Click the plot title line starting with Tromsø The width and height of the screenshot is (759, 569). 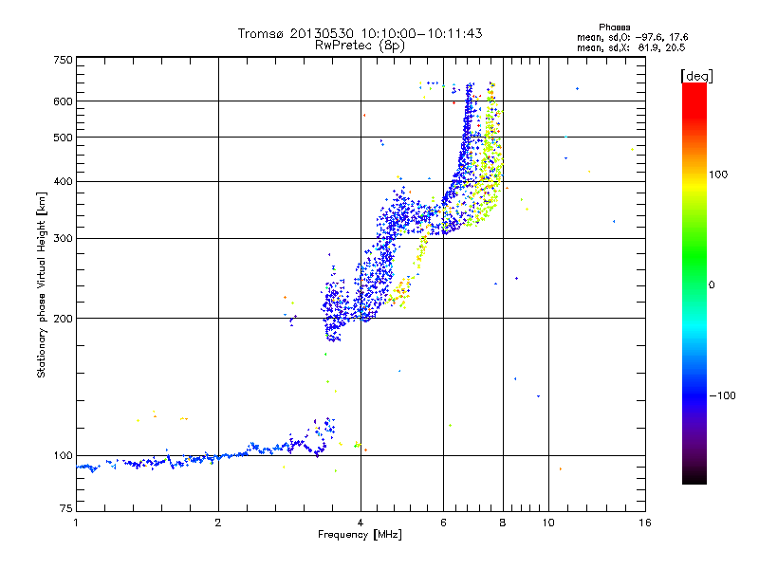(x=360, y=33)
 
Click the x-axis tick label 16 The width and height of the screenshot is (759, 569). (x=645, y=523)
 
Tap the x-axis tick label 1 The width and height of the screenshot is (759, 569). (x=76, y=523)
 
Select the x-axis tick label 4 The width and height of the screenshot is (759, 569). (x=361, y=523)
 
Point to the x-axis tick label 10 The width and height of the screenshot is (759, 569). (x=547, y=523)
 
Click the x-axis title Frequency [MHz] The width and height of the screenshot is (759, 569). (x=360, y=536)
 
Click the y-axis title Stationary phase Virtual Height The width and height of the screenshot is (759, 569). (x=42, y=284)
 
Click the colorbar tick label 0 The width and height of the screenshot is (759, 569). (x=713, y=284)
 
